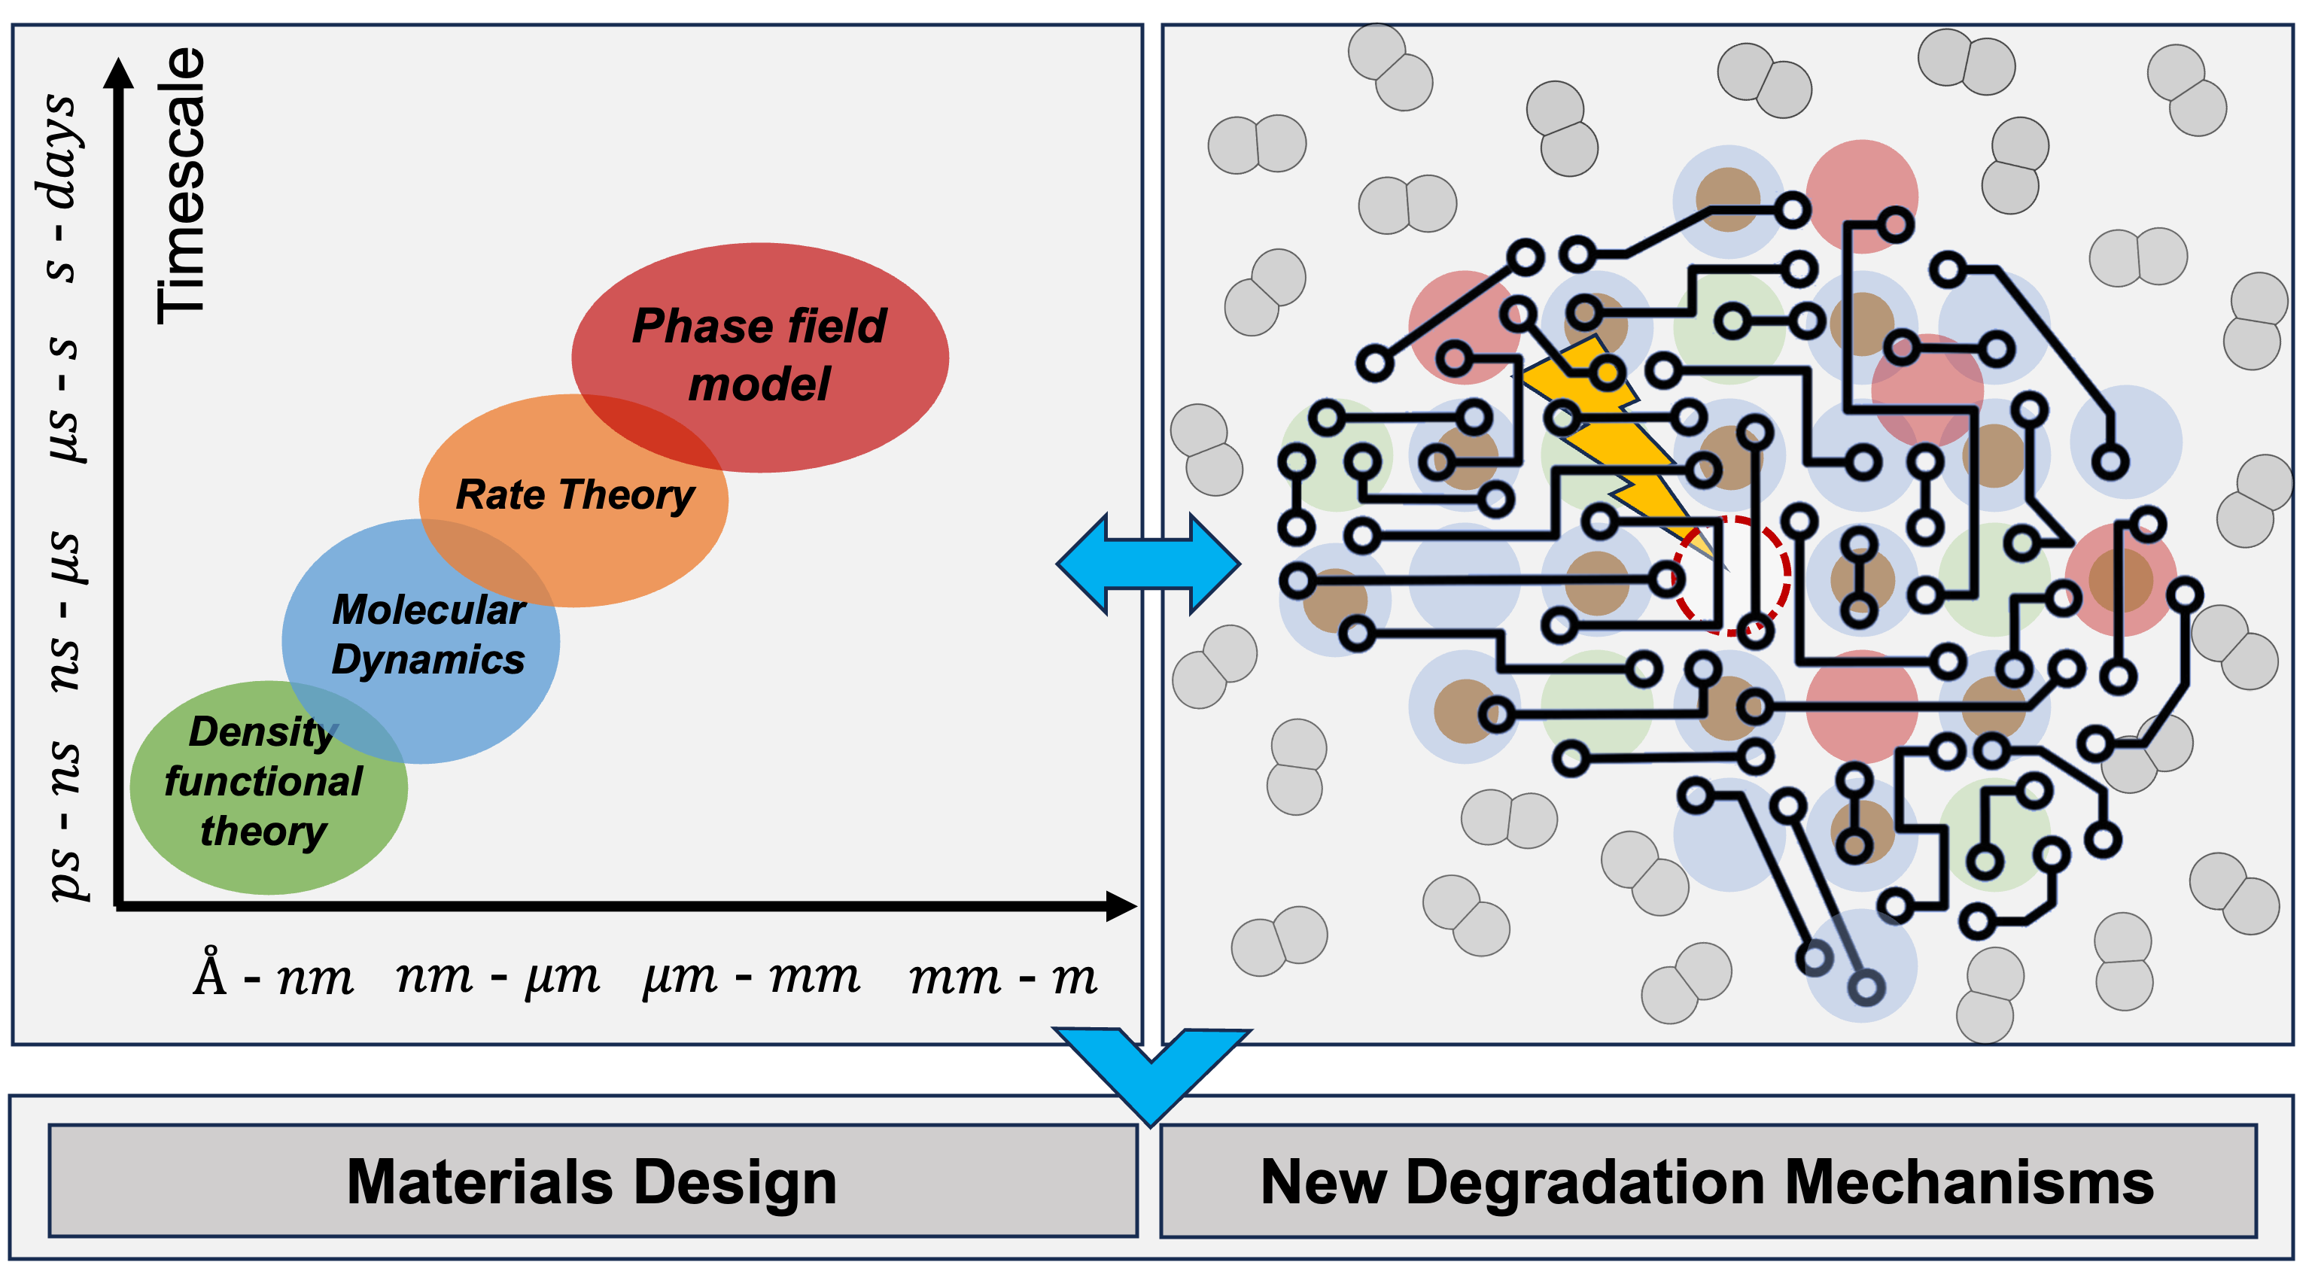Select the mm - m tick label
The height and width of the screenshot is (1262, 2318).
point(1002,976)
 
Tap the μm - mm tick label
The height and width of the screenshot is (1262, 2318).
point(751,976)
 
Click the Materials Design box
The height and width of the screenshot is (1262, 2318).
point(592,1181)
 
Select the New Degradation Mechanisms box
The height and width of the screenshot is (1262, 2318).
point(1707,1181)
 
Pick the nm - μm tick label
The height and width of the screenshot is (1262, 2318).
point(497,976)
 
